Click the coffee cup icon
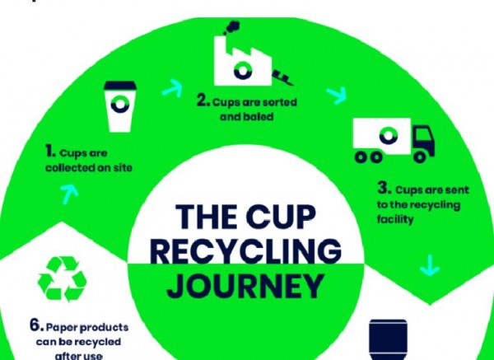(120, 106)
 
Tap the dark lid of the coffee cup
(120, 85)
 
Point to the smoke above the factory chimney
(232, 27)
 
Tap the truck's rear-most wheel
(361, 157)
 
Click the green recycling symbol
(62, 278)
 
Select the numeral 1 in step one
(50, 151)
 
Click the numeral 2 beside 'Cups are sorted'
(203, 101)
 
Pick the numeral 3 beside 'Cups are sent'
(384, 188)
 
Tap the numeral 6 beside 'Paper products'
(36, 325)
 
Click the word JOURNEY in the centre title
(245, 286)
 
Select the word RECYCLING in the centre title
(246, 250)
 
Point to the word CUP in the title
(281, 217)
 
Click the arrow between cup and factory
(173, 88)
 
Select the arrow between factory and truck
(337, 95)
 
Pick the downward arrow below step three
(430, 266)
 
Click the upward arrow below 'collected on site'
(69, 194)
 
